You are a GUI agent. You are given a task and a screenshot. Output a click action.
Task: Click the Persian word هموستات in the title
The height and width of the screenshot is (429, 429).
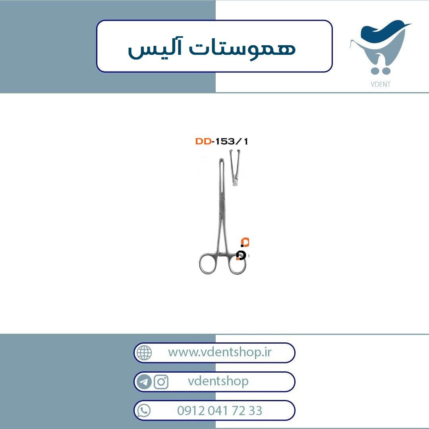(x=243, y=49)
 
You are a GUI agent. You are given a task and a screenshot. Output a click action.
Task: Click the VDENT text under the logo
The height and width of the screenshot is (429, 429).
(x=380, y=84)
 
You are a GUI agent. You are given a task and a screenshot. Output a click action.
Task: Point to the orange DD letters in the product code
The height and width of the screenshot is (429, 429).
(x=203, y=141)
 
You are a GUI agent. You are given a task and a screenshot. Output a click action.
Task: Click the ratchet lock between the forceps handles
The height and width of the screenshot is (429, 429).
(x=223, y=255)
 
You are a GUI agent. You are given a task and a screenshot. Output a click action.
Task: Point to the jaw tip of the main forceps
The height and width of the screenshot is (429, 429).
(x=222, y=160)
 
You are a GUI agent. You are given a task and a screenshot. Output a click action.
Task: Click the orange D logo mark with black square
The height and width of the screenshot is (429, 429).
(x=245, y=242)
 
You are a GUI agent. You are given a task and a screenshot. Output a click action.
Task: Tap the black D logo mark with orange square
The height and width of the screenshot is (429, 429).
(x=241, y=255)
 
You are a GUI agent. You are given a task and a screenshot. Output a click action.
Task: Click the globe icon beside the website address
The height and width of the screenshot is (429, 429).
(x=144, y=352)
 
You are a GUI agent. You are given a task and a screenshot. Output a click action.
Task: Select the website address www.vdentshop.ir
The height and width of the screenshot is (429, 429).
(x=220, y=352)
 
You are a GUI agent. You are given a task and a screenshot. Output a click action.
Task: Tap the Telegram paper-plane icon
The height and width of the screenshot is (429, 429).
(x=144, y=382)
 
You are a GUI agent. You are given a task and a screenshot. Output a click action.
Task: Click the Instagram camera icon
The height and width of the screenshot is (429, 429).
(x=161, y=382)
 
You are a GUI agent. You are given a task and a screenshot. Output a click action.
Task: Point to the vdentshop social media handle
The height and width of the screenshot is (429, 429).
(x=218, y=381)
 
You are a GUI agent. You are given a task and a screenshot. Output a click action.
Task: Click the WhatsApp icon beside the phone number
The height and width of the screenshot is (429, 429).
(x=144, y=411)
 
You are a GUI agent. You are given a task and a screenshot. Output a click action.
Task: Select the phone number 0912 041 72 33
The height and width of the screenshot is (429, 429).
(x=220, y=411)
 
